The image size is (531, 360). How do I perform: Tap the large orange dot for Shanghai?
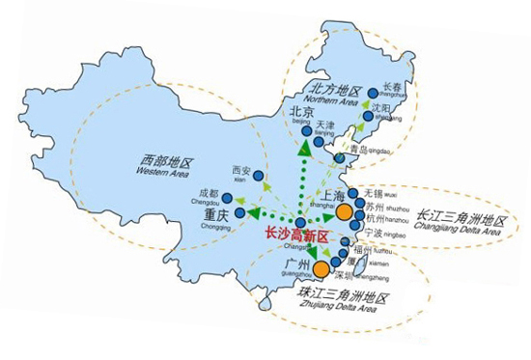[x=346, y=203]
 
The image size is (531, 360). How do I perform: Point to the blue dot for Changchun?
[x=373, y=93]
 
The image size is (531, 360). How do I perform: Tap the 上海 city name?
[x=316, y=196]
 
